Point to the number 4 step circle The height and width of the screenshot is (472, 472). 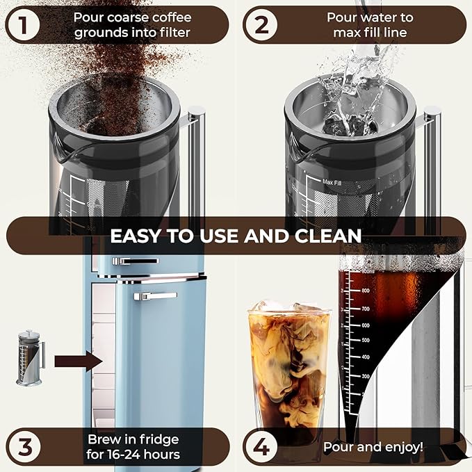(261, 447)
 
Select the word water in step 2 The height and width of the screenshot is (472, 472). (377, 17)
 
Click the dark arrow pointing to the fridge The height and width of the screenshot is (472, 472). (78, 361)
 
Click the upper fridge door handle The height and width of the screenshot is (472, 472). (135, 261)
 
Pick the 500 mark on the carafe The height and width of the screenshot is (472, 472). (364, 341)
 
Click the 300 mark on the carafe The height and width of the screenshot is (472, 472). (364, 376)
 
